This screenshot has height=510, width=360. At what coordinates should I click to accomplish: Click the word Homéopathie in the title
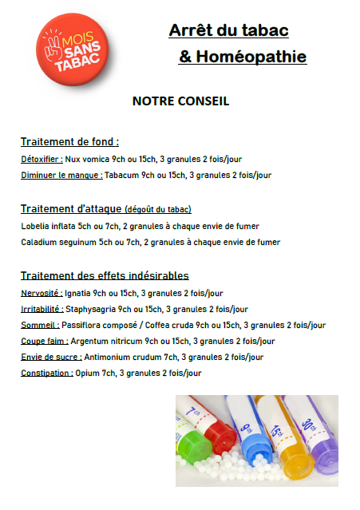[x=251, y=57]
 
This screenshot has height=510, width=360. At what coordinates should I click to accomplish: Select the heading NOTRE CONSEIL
[x=180, y=101]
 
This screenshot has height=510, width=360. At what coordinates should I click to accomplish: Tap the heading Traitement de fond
[x=69, y=142]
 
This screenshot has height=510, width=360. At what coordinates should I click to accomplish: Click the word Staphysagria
[x=90, y=309]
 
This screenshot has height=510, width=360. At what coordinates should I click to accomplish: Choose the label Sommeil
[x=40, y=325]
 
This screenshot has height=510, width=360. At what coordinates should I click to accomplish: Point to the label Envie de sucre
[x=51, y=357]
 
